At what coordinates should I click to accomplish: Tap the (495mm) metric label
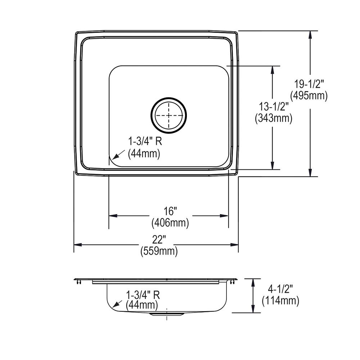tap(309, 96)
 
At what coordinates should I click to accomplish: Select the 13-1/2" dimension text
tap(274, 107)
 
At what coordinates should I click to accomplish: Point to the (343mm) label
tap(273, 118)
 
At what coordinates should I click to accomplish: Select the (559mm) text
tap(159, 251)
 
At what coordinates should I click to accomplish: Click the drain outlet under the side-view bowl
tap(167, 314)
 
